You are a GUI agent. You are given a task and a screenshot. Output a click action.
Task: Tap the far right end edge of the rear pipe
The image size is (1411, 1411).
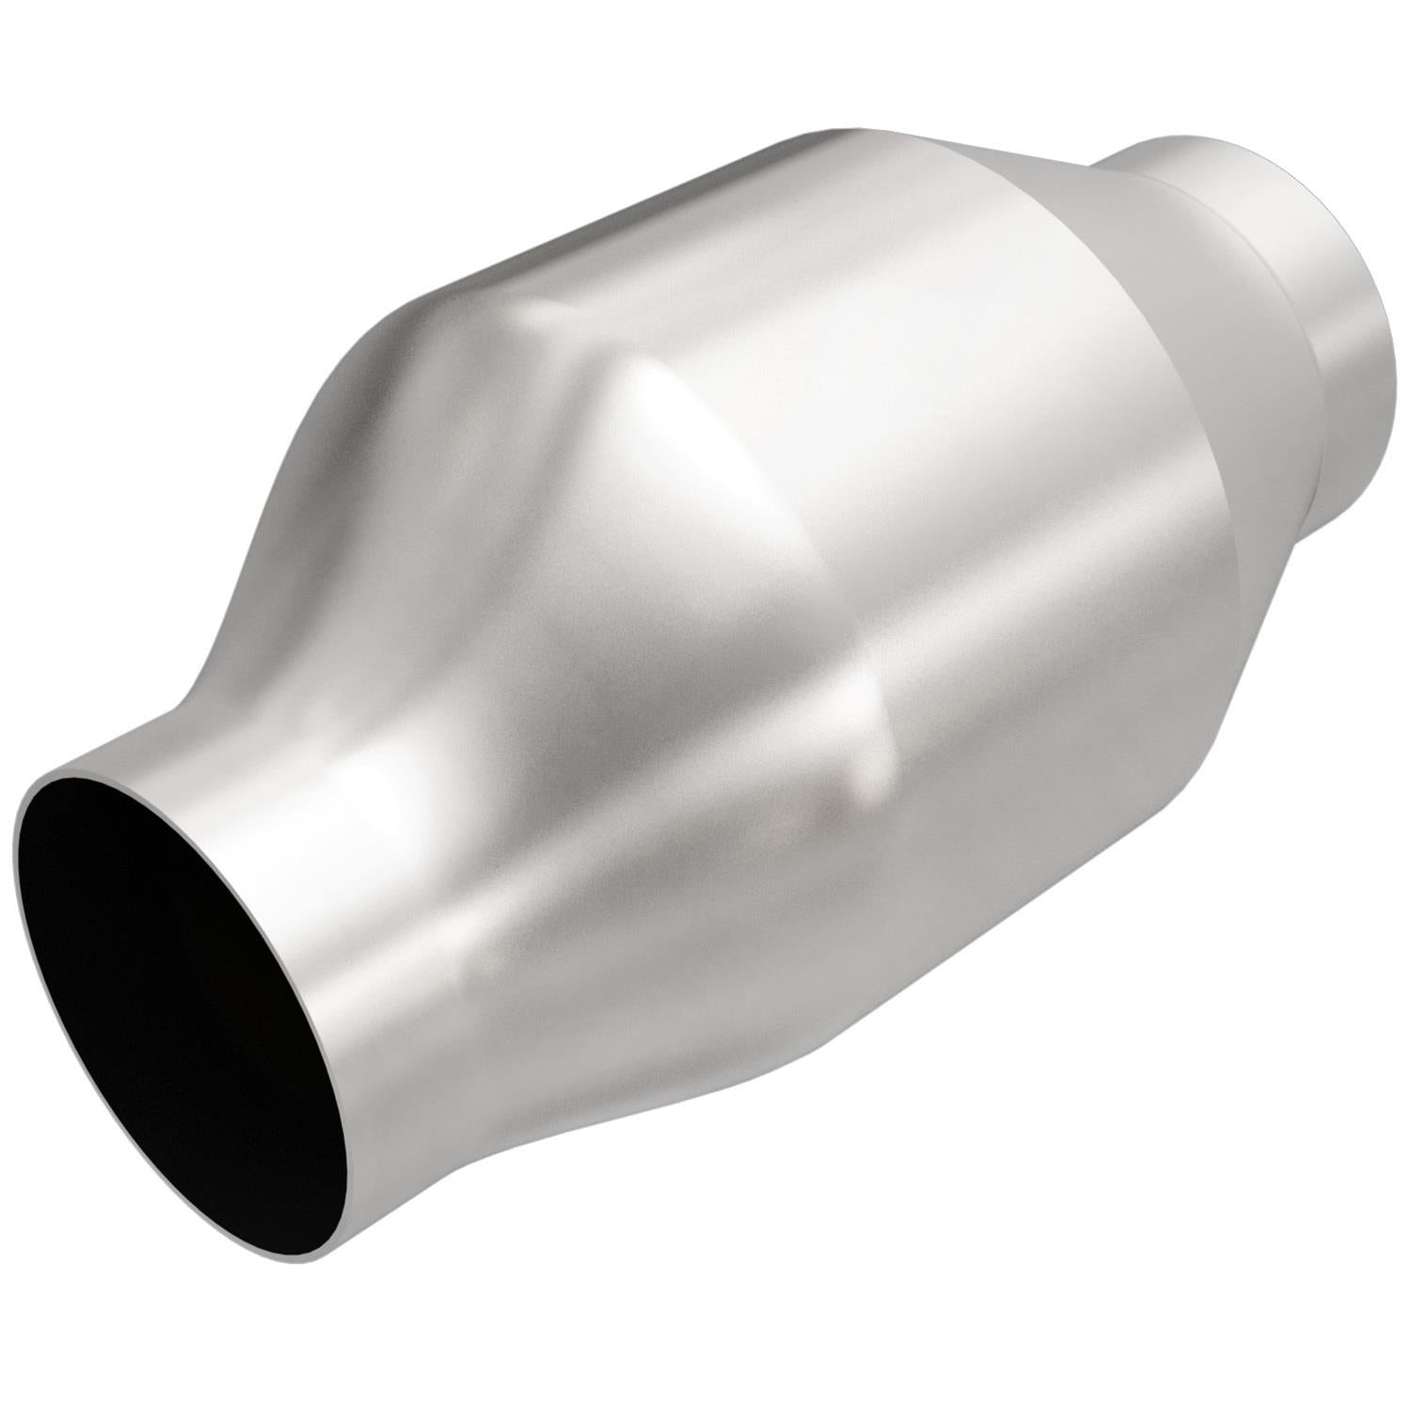pos(1390,357)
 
